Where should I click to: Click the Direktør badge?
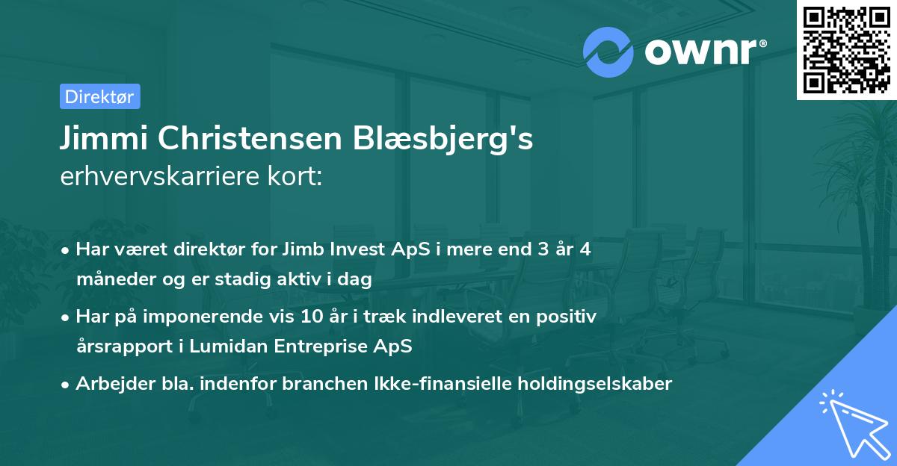99,96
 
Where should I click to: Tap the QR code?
845,50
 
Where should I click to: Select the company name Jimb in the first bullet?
303,249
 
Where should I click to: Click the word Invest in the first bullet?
360,249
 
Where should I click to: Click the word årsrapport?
120,347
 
